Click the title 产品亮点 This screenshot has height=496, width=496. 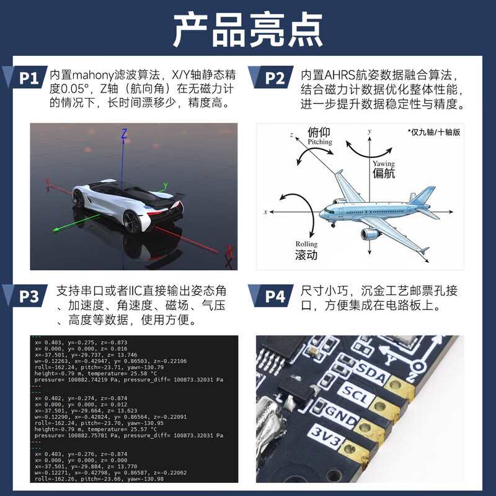click(247, 29)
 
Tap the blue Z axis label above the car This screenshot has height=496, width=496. click(124, 133)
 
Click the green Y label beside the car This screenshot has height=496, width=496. click(166, 185)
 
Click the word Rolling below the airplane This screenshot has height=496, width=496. click(306, 244)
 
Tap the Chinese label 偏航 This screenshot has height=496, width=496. click(384, 174)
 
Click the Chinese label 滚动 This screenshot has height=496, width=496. click(306, 255)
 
